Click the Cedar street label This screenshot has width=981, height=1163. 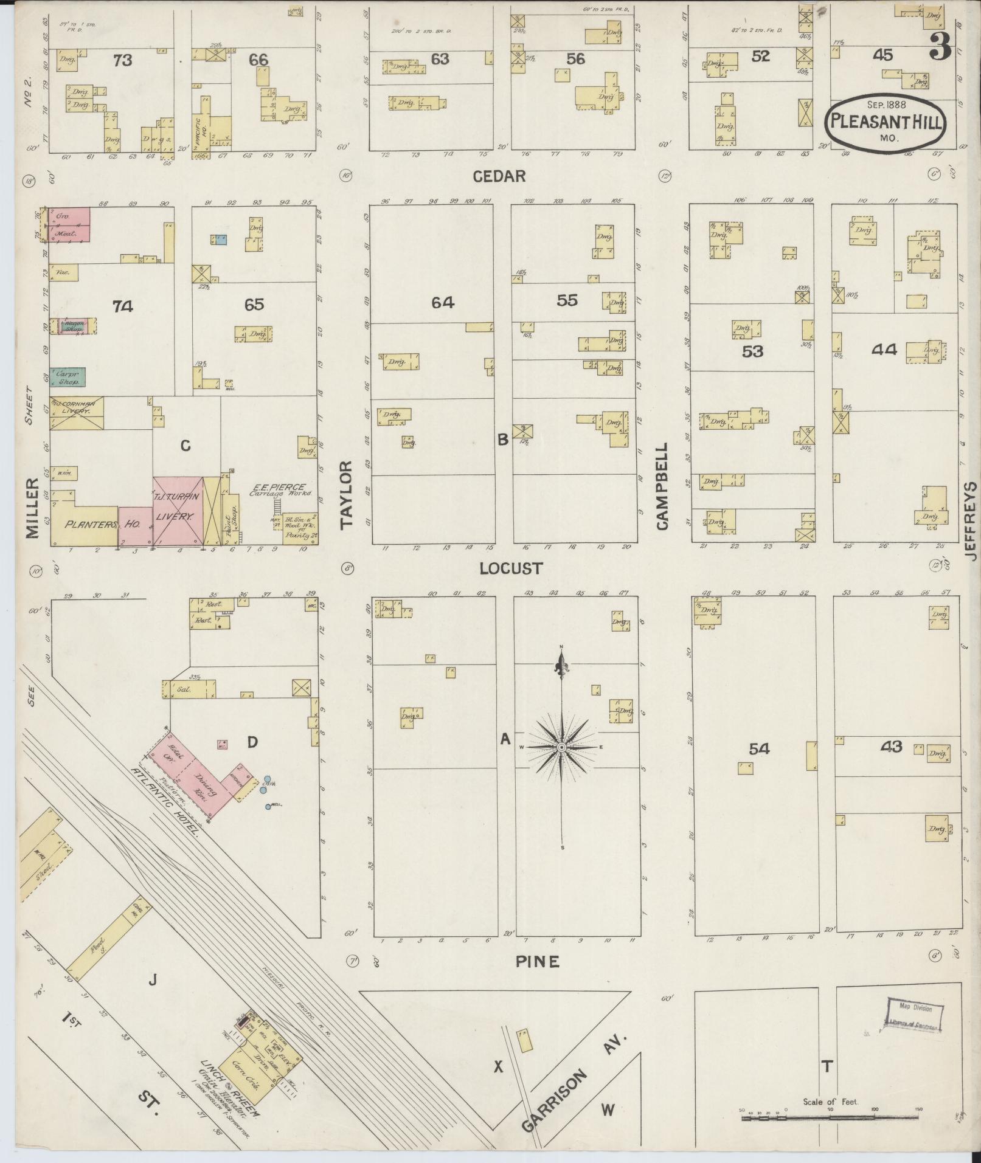(499, 176)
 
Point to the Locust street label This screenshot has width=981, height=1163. (511, 568)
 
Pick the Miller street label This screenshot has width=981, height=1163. (32, 508)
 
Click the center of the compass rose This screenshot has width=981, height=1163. (562, 747)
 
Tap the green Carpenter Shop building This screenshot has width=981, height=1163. (68, 377)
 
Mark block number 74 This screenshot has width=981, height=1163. (122, 306)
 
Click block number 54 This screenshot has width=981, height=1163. (759, 750)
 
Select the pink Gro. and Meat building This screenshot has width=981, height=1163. (69, 224)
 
